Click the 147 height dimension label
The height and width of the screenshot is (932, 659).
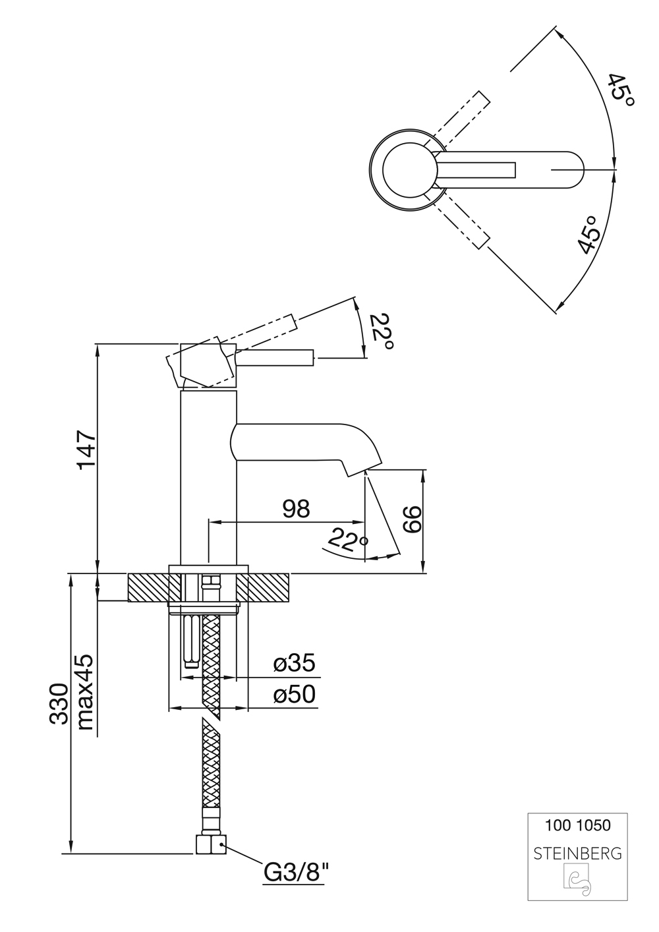coord(86,450)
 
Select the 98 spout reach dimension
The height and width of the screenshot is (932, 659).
coord(296,508)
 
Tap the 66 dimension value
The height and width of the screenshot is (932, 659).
coord(411,521)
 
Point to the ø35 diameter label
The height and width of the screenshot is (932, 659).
coord(295,664)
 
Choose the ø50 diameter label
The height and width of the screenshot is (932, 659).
coord(295,695)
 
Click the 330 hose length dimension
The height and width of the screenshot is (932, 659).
coord(58,704)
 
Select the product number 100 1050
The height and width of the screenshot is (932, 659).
coord(577,825)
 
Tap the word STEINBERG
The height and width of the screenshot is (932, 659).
coord(577,854)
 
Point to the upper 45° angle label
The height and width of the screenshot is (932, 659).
coord(620,91)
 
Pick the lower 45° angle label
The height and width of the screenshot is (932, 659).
coord(588,235)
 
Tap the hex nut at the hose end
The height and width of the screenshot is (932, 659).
coord(211,844)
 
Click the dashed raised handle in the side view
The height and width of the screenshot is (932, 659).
coord(264,335)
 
